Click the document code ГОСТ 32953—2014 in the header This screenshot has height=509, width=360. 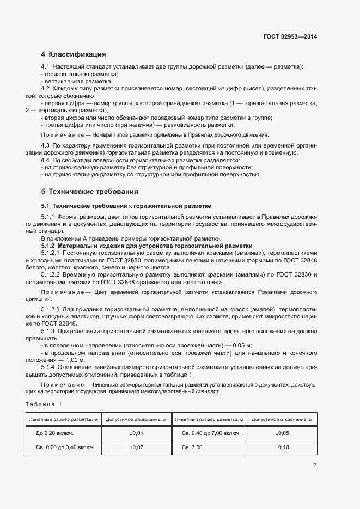pyautogui.click(x=290, y=36)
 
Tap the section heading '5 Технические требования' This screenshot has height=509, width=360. pyautogui.click(x=89, y=192)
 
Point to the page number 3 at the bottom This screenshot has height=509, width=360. pyautogui.click(x=315, y=465)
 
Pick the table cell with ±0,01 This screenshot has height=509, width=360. pyautogui.click(x=136, y=433)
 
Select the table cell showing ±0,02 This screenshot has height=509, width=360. pyautogui.click(x=136, y=447)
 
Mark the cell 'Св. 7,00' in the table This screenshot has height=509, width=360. pyautogui.click(x=192, y=447)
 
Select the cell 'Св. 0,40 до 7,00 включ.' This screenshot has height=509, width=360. pyautogui.click(x=211, y=433)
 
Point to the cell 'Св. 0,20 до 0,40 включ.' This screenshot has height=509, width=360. pyautogui.click(x=65, y=447)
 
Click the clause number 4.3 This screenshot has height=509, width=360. pyautogui.click(x=46, y=146)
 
